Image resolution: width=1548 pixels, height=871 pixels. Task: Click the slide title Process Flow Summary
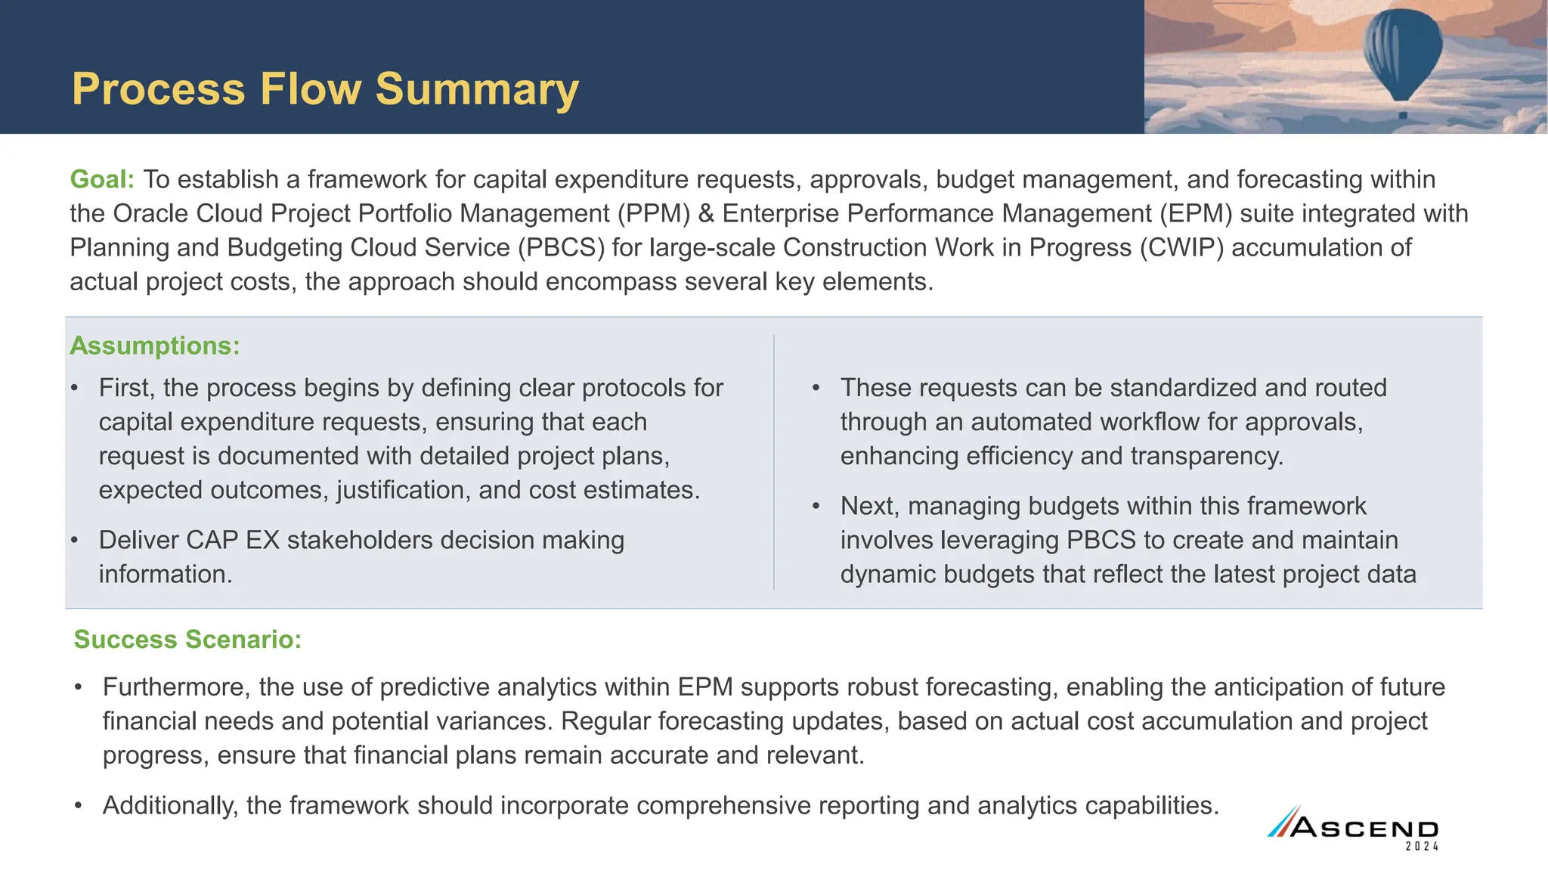tap(325, 89)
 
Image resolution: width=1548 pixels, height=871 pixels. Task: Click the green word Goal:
tap(102, 180)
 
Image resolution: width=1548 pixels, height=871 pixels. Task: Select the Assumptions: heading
tap(155, 346)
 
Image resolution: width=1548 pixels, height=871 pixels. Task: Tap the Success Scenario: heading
tap(187, 640)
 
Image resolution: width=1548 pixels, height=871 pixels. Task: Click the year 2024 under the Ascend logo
tap(1422, 847)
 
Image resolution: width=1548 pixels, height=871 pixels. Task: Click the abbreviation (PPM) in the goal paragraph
tap(654, 214)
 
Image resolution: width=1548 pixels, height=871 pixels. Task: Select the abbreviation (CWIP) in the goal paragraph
tap(1181, 248)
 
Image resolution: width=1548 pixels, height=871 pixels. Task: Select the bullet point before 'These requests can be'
tap(816, 389)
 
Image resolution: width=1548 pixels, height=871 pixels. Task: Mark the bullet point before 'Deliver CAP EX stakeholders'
tap(74, 541)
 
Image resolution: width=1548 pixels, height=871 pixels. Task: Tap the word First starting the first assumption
tap(126, 389)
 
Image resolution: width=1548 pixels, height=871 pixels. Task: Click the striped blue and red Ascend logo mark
tap(1283, 822)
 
